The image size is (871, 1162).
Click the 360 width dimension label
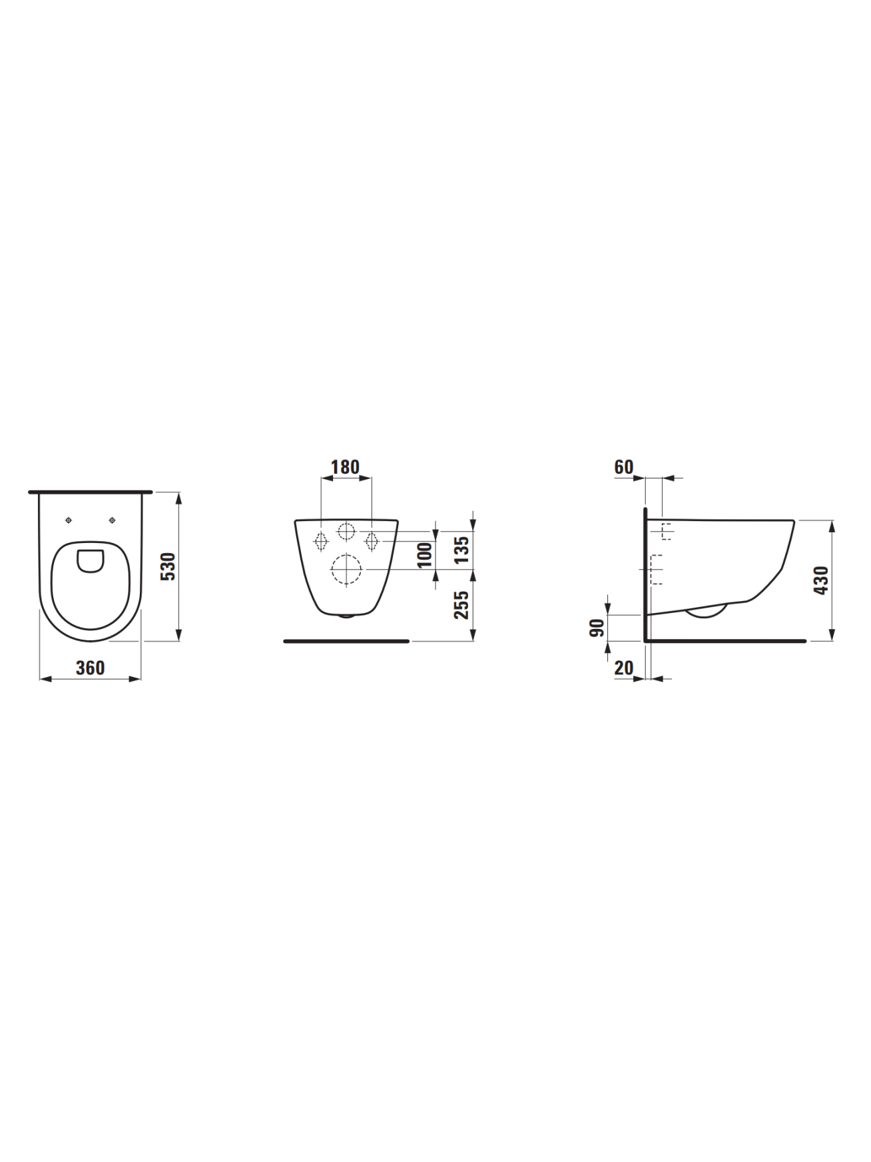[90, 668]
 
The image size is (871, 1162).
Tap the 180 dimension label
[345, 467]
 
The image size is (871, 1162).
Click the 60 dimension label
[624, 467]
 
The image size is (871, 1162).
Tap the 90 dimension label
[597, 628]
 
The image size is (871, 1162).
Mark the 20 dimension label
[624, 668]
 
